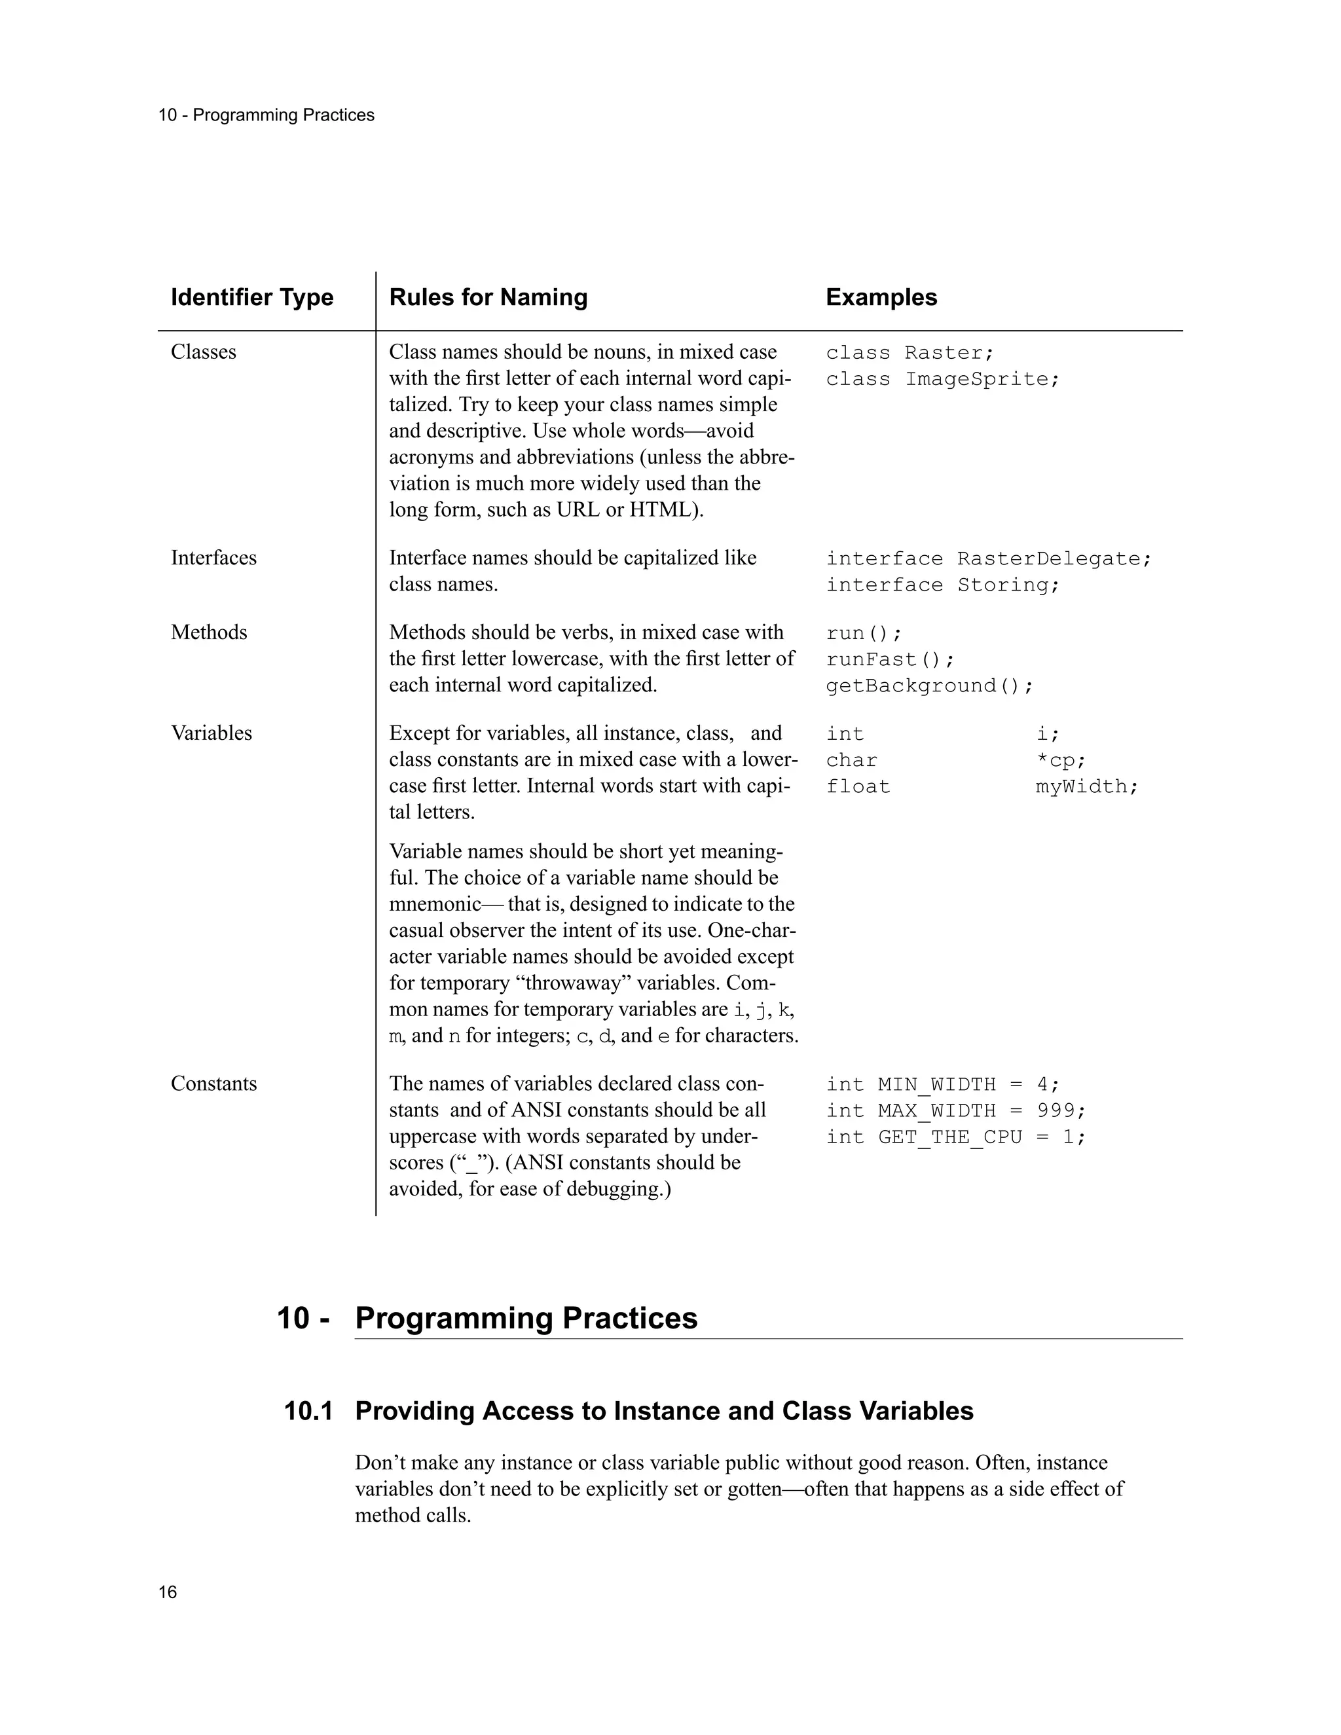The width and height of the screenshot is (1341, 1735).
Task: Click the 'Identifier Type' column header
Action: click(x=252, y=297)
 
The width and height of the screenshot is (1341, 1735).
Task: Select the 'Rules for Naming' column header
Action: click(x=488, y=297)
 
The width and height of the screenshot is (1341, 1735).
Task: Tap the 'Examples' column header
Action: click(x=881, y=297)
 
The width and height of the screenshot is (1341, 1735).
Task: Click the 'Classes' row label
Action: click(x=204, y=352)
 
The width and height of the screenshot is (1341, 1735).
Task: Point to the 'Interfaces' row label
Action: click(x=213, y=558)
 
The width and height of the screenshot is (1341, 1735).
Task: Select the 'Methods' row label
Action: click(x=209, y=632)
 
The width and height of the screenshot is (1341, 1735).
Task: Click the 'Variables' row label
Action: click(x=211, y=733)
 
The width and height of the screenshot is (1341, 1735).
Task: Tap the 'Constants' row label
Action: click(x=213, y=1084)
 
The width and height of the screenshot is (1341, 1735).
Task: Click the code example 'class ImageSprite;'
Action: click(x=942, y=380)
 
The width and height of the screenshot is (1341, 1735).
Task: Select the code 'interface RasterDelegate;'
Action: click(x=988, y=559)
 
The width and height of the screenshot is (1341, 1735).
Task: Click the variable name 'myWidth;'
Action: click(x=1087, y=786)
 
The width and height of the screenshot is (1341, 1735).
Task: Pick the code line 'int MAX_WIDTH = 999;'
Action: click(x=955, y=1110)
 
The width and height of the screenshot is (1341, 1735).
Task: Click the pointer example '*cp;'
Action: click(x=1061, y=760)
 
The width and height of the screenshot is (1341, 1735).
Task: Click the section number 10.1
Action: click(x=308, y=1411)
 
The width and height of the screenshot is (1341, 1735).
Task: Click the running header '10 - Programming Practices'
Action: click(x=266, y=115)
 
